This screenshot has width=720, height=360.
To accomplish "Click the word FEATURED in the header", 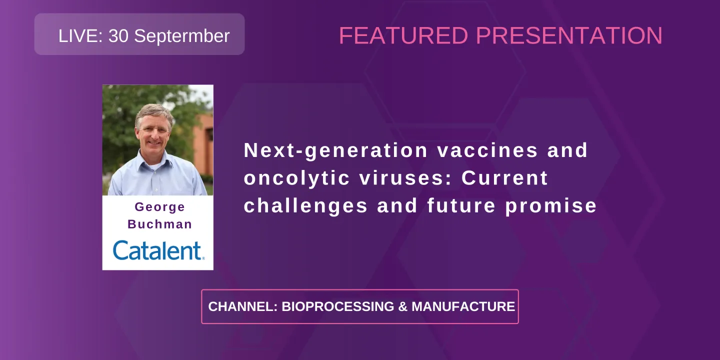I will [x=403, y=36].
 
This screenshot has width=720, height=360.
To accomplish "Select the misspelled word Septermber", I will [x=182, y=36].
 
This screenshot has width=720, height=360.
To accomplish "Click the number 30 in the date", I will [x=118, y=36].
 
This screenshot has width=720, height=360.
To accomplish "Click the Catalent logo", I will [x=158, y=250].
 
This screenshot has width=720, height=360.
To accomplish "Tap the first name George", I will [x=159, y=207].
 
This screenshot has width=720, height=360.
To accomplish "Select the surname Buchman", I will [x=159, y=224].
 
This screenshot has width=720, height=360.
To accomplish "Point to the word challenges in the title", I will [x=305, y=206].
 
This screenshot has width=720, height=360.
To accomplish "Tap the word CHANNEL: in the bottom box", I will [x=242, y=306].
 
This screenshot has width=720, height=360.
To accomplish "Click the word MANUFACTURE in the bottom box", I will [x=463, y=306].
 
